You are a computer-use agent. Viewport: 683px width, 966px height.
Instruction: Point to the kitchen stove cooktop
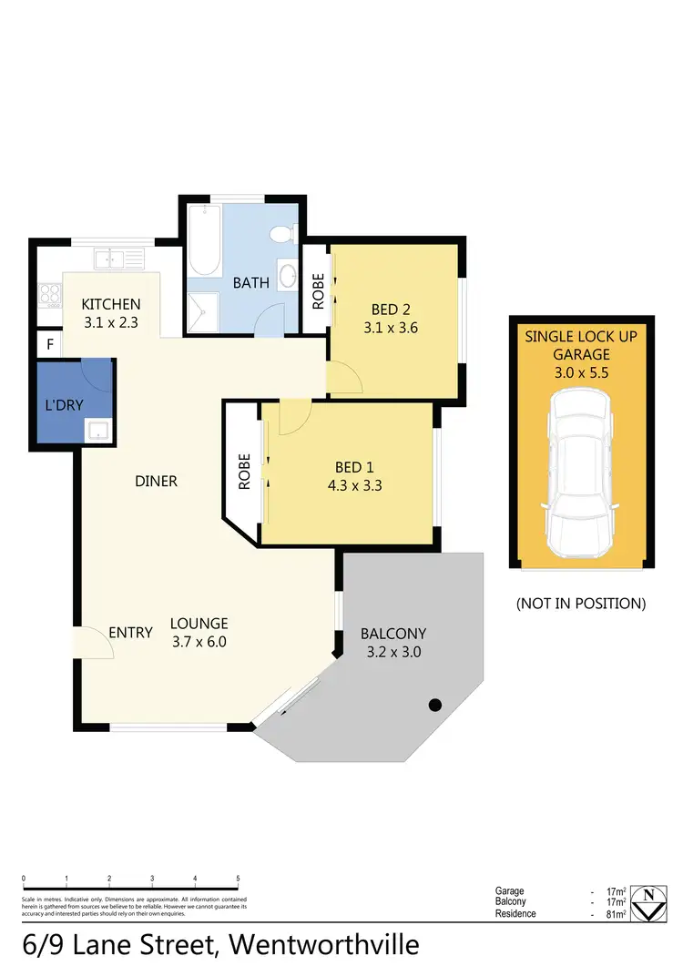coord(47,296)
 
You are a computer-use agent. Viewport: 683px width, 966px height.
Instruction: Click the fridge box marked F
coord(48,345)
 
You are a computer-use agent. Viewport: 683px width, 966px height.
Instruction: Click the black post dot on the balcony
coord(435,704)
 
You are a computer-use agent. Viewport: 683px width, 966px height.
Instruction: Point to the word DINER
coord(155,481)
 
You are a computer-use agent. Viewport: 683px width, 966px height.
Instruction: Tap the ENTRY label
coord(130,632)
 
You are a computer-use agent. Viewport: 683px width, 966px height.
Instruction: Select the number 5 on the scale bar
coord(238,879)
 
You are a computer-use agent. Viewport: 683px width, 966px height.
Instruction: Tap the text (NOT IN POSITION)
coord(581,603)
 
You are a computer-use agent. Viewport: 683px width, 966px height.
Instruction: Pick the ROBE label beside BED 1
coord(244,473)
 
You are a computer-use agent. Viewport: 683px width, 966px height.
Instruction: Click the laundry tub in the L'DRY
coord(97,430)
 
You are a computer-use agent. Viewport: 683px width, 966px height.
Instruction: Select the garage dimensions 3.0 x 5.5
coord(581,371)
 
